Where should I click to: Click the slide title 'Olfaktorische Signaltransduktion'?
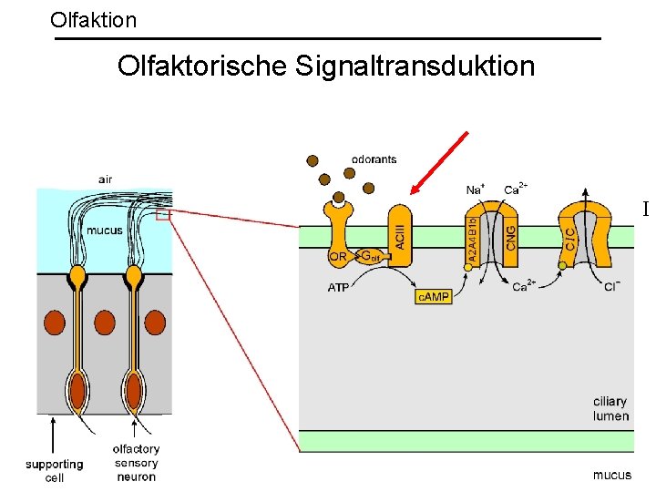326,67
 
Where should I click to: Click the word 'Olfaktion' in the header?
94,19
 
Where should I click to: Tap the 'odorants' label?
374,159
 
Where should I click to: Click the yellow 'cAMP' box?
434,296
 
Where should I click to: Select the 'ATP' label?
337,287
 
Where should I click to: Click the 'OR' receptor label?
337,257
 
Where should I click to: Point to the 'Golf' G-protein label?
369,257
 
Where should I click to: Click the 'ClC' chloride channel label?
570,240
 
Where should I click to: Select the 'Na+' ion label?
476,190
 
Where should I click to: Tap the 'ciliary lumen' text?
610,409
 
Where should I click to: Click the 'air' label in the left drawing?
106,179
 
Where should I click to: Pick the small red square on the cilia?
162,216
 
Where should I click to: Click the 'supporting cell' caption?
54,471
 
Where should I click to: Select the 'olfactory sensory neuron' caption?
136,462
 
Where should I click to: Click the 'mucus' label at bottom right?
611,475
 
